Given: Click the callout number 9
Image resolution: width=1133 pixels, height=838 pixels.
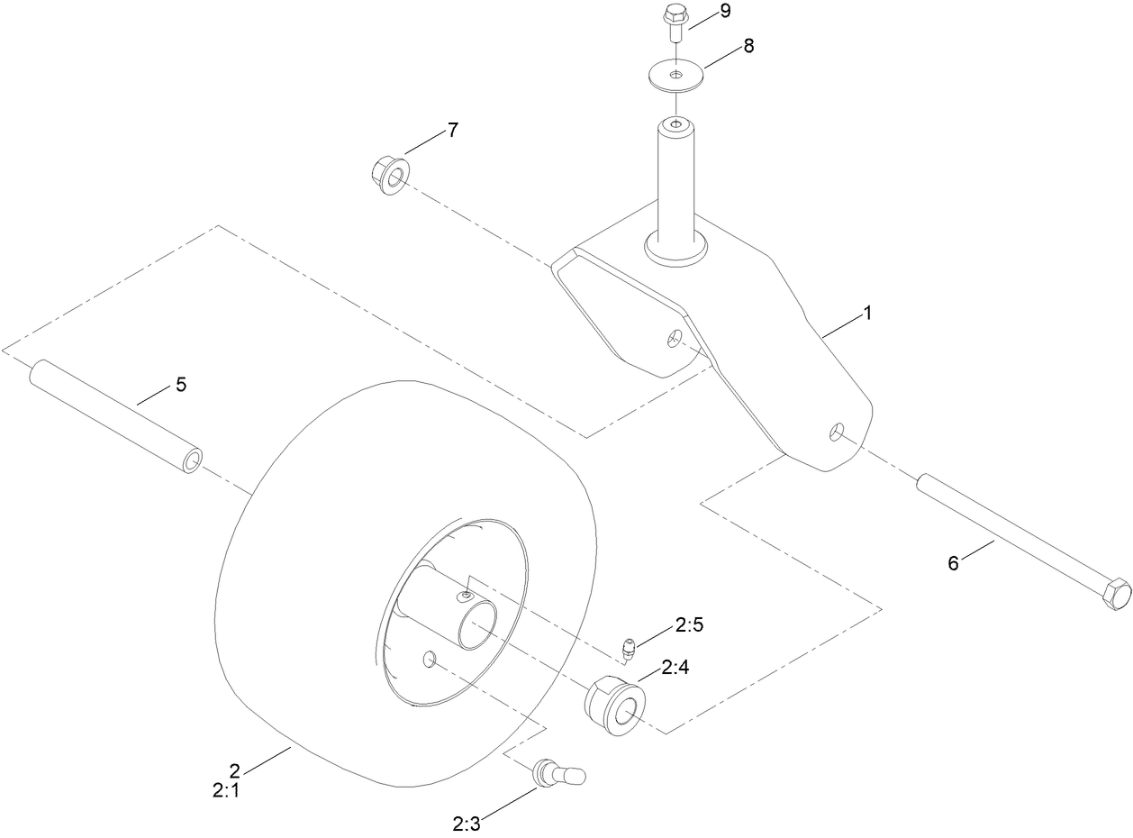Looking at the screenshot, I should [725, 12].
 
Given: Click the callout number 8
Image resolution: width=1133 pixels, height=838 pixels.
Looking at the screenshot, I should [748, 47].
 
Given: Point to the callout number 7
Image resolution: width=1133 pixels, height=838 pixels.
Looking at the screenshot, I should [452, 131].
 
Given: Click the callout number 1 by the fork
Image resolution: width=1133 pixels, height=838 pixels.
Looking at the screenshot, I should [867, 314].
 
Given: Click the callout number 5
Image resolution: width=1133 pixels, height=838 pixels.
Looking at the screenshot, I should [181, 385].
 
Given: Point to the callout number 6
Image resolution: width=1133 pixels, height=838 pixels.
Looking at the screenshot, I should [953, 563].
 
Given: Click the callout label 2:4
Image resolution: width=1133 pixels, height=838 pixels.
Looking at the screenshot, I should [675, 668].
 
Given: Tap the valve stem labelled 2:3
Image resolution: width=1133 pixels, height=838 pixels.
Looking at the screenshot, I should [557, 772].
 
